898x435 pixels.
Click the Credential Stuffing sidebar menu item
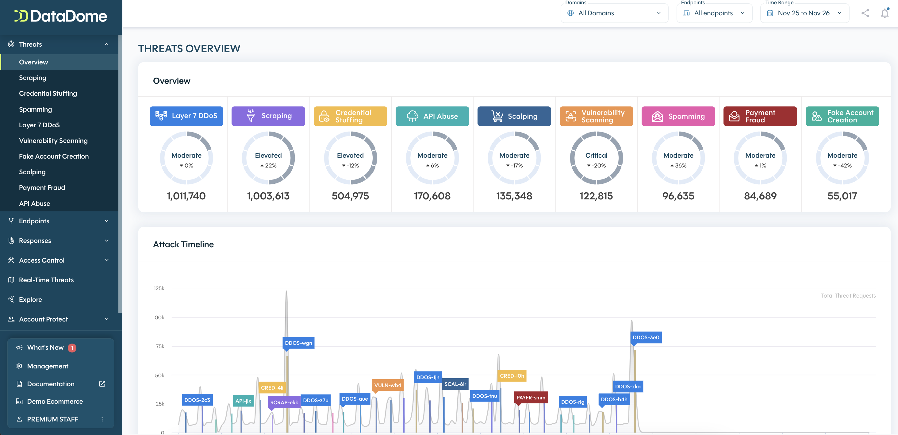point(48,94)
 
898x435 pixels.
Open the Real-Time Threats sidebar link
point(46,280)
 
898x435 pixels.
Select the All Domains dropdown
point(614,13)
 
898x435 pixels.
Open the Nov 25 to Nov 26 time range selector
point(804,13)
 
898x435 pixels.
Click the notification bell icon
point(885,13)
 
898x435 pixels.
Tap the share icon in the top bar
point(865,13)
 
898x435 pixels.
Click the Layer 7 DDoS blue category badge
point(186,116)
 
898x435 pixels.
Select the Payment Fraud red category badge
point(760,116)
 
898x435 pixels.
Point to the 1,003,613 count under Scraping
point(268,196)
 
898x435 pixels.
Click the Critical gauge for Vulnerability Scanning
point(596,158)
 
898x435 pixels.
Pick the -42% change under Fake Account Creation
point(842,166)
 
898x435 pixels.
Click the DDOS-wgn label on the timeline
point(298,343)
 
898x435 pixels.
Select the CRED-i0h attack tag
point(511,376)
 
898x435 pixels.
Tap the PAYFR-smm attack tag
point(531,397)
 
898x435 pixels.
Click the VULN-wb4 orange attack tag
point(388,385)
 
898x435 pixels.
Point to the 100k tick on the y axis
point(158,318)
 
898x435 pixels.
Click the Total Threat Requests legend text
point(848,296)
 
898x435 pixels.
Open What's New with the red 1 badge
point(46,348)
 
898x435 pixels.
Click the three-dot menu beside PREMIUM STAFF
point(102,419)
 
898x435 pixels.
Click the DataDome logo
point(61,16)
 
